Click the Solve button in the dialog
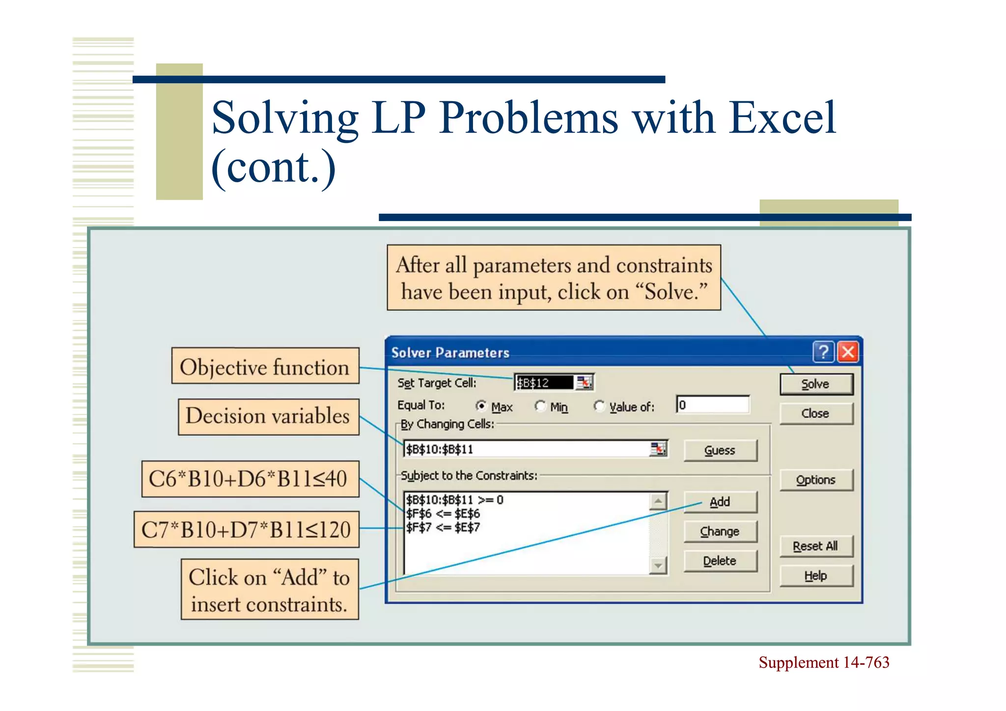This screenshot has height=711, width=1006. (816, 384)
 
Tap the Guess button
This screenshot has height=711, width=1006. (720, 450)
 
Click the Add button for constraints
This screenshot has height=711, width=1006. (720, 502)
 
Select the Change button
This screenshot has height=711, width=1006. (720, 531)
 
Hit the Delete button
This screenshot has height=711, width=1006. (720, 561)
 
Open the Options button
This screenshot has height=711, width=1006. (816, 480)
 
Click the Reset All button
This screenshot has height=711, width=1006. (816, 546)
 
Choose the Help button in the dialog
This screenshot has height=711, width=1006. (816, 575)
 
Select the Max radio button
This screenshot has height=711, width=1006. (481, 406)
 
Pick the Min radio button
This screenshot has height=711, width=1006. (540, 406)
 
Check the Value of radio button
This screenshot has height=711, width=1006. (599, 406)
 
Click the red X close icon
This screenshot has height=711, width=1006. (848, 352)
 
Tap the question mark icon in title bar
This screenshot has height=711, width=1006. (824, 352)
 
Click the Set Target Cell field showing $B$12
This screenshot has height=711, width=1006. (544, 383)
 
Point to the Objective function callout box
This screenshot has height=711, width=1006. (265, 366)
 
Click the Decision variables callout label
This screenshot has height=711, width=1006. (268, 417)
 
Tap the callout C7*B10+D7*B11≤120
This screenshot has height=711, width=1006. (247, 529)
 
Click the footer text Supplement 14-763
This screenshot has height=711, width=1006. (824, 662)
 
